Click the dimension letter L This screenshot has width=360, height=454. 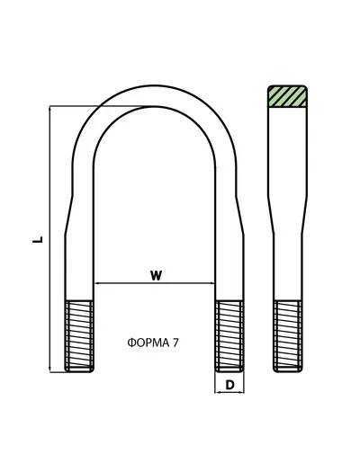click(38, 240)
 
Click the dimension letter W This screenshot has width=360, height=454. click(156, 275)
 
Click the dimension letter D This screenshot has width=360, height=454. click(229, 385)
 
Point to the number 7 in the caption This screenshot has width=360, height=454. click(175, 343)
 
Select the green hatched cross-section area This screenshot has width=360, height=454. click(287, 96)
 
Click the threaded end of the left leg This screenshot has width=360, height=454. click(79, 336)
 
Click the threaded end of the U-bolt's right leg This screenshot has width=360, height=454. click(229, 336)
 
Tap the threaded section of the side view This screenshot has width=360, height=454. click(288, 336)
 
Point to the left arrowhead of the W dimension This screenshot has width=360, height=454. click(97, 282)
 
